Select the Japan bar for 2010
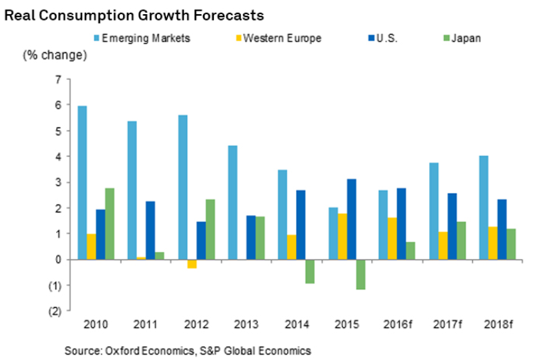click(x=109, y=224)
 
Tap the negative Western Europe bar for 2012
click(x=191, y=263)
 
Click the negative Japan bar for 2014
click(x=310, y=271)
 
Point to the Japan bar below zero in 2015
click(x=360, y=274)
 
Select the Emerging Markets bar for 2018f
click(x=482, y=207)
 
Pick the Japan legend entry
click(x=465, y=38)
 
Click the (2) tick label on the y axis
click(x=55, y=311)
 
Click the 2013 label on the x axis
click(x=246, y=324)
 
